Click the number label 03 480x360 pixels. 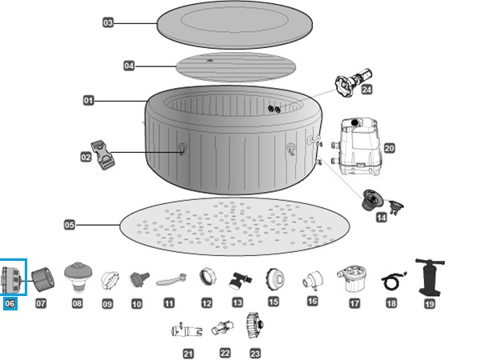[x=108, y=23]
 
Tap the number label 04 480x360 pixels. [x=130, y=66]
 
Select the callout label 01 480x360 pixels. [x=89, y=101]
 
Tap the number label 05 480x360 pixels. [x=70, y=226]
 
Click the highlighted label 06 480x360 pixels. [x=10, y=303]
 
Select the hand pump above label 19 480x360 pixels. [x=429, y=276]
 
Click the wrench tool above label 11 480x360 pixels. [x=169, y=280]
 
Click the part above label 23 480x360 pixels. [x=255, y=326]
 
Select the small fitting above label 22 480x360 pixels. [x=221, y=328]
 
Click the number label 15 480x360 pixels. [x=274, y=302]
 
